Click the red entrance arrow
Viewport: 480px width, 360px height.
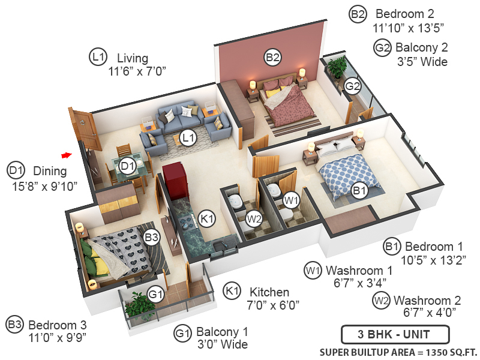67,155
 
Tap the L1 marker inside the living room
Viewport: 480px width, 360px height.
189,138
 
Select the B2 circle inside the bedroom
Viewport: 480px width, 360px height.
273,58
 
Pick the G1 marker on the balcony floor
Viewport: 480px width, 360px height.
156,295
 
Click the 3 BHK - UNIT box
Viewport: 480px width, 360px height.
386,334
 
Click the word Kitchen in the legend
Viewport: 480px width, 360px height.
269,292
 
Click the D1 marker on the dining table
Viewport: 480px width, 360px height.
127,166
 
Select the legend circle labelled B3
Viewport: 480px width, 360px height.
15,325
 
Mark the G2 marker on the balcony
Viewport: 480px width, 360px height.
353,86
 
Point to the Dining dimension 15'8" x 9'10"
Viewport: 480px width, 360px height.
45,186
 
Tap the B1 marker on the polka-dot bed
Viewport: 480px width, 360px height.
359,191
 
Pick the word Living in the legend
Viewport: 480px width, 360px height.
133,58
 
